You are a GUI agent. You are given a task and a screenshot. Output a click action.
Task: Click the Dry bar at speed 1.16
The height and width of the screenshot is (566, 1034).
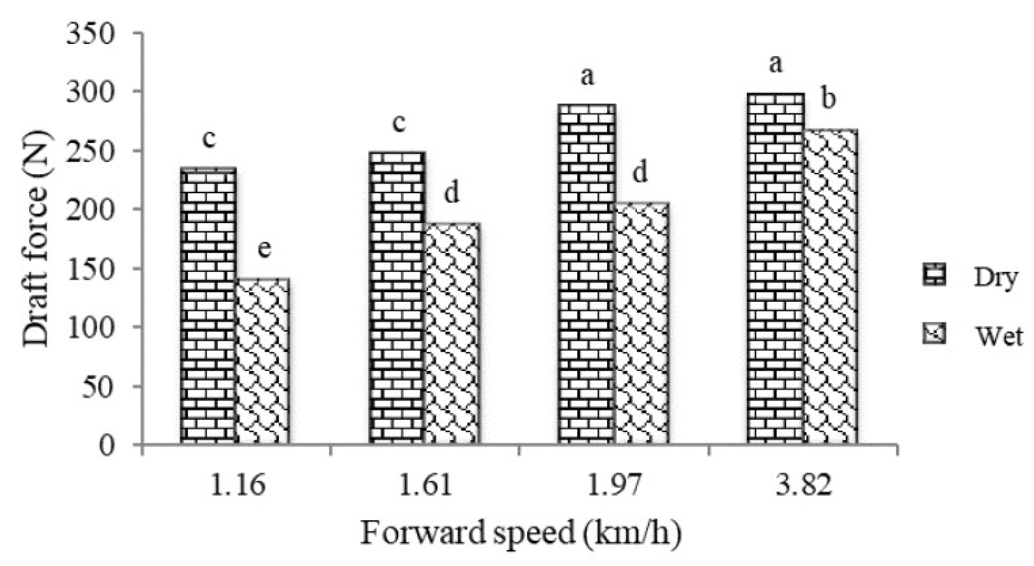tap(208, 305)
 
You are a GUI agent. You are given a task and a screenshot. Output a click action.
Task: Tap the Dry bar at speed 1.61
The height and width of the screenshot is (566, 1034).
tap(397, 297)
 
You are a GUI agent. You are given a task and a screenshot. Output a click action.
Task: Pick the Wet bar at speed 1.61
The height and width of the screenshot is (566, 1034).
tap(452, 333)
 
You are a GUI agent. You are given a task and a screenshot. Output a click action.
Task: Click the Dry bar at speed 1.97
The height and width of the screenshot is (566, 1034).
tap(587, 273)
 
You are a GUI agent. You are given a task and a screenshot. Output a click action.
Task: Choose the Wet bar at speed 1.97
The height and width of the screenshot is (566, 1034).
tap(641, 323)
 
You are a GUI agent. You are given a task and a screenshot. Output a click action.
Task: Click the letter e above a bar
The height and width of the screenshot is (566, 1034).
tap(264, 249)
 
